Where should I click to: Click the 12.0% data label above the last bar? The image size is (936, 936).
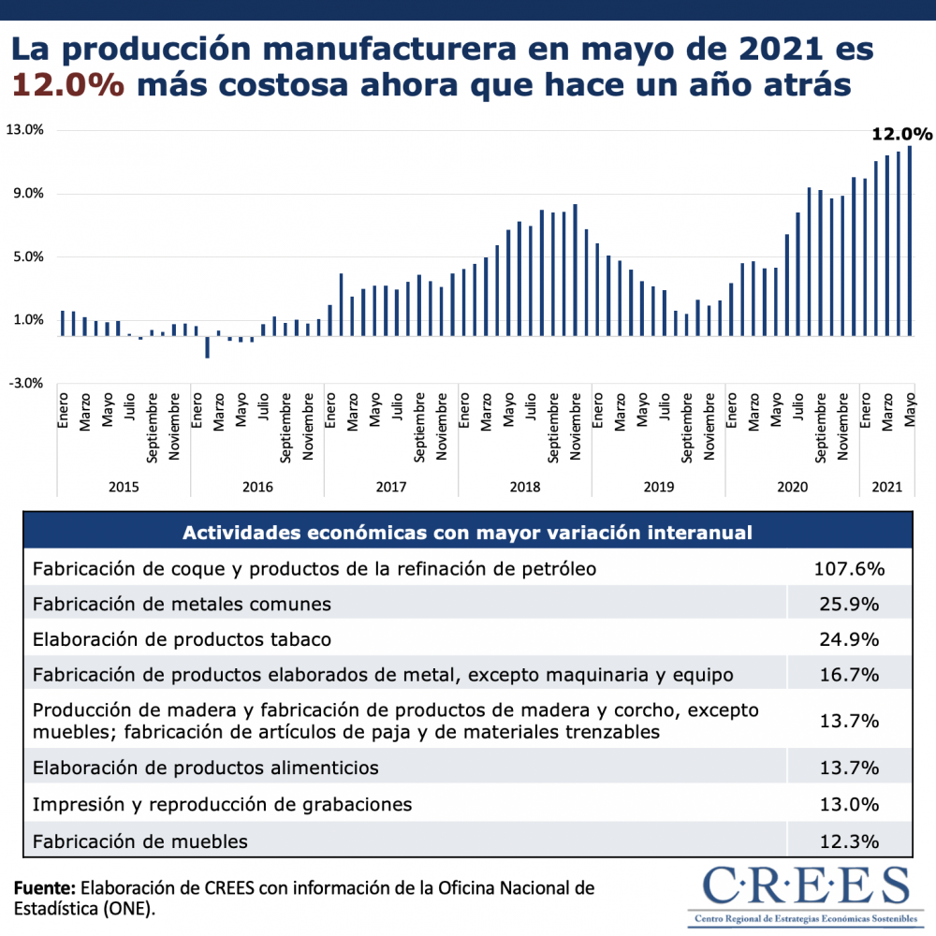click(x=901, y=134)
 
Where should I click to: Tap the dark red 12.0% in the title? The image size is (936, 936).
click(x=68, y=85)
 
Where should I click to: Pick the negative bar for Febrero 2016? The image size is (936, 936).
click(x=207, y=346)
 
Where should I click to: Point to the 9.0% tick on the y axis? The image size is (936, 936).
click(x=27, y=194)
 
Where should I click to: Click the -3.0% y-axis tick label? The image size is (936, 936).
click(x=25, y=383)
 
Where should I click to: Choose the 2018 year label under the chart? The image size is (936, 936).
click(x=525, y=487)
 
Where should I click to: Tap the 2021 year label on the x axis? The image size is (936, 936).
click(x=886, y=487)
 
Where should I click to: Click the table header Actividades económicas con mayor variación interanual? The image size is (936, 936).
click(x=467, y=533)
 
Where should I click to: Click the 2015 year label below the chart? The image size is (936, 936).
click(x=124, y=487)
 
